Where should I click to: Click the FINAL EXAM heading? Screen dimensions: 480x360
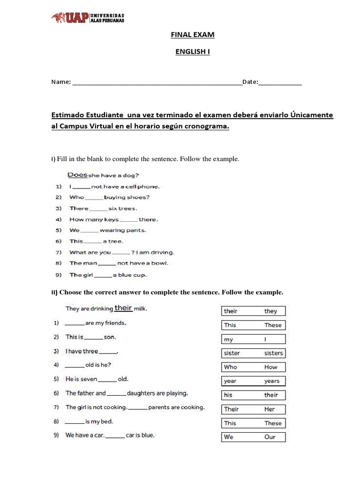(x=192, y=35)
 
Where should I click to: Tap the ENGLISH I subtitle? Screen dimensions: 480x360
(x=192, y=52)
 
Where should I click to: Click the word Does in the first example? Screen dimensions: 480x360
(x=78, y=175)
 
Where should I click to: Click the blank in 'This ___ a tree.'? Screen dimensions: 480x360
(x=92, y=241)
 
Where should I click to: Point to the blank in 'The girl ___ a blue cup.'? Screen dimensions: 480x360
(x=103, y=275)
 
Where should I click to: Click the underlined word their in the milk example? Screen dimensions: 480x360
(x=123, y=308)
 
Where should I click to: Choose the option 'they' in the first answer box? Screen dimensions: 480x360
(x=270, y=311)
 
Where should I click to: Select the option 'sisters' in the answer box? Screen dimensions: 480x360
(x=273, y=353)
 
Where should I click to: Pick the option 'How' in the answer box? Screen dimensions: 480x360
(x=270, y=367)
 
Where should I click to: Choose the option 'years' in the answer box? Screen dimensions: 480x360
(x=271, y=381)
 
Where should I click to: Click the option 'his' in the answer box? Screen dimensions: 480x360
(x=228, y=395)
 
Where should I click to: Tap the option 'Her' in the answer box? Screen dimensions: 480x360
(x=270, y=409)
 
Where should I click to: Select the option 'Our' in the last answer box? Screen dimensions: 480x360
(x=270, y=437)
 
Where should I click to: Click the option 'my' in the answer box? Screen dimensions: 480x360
(x=228, y=339)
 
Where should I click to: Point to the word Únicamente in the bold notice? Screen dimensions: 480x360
(x=312, y=115)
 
